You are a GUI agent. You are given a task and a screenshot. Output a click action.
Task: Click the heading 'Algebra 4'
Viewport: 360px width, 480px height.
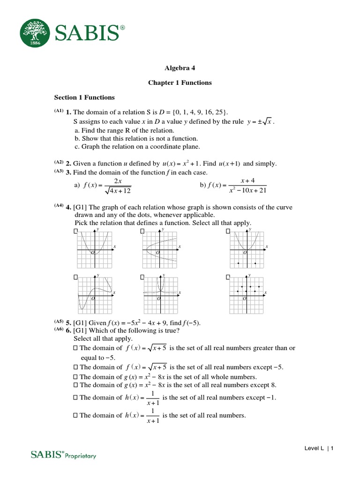(x=180, y=67)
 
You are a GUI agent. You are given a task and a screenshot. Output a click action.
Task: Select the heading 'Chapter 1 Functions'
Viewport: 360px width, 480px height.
(x=180, y=83)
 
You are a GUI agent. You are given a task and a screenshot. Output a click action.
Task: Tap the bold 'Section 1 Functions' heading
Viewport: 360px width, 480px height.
(x=84, y=97)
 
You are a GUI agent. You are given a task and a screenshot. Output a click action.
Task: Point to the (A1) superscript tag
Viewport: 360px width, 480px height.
(x=59, y=111)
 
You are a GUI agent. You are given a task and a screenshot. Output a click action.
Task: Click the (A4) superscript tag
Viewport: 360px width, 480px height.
(x=59, y=205)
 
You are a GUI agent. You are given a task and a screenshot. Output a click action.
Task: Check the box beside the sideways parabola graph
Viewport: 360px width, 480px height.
(x=142, y=232)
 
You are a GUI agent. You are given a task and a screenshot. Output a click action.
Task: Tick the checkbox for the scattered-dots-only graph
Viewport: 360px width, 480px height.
(x=228, y=277)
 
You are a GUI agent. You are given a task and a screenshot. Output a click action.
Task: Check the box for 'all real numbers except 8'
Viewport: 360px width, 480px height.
(x=76, y=385)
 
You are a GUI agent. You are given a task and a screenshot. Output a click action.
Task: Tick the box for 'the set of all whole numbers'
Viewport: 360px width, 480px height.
(x=76, y=377)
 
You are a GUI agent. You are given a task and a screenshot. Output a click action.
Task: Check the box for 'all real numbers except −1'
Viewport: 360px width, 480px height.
(x=76, y=398)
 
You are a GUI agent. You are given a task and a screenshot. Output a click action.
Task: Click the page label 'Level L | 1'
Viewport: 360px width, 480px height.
(x=319, y=449)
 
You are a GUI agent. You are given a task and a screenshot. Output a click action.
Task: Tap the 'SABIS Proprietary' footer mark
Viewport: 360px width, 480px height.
(x=63, y=454)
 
